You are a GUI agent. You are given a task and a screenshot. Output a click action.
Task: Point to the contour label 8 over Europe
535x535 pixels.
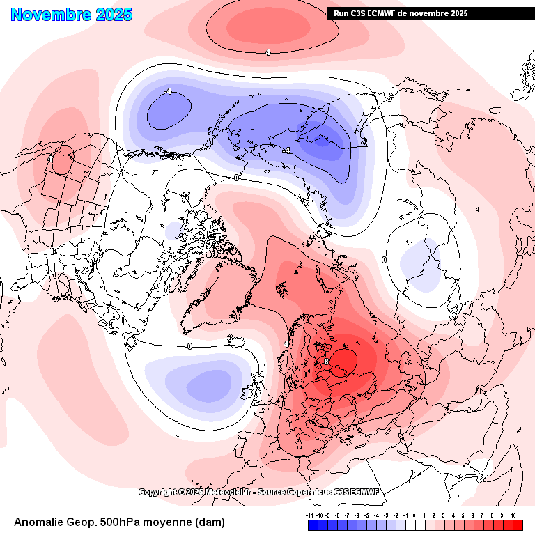pyautogui.click(x=326, y=362)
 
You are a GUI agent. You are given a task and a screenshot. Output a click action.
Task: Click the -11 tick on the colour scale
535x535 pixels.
pyautogui.click(x=309, y=515)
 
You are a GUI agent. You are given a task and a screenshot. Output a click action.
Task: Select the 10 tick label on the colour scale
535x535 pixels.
pyautogui.click(x=513, y=515)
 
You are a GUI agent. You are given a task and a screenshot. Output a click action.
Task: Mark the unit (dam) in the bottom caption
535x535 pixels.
pyautogui.click(x=210, y=522)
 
